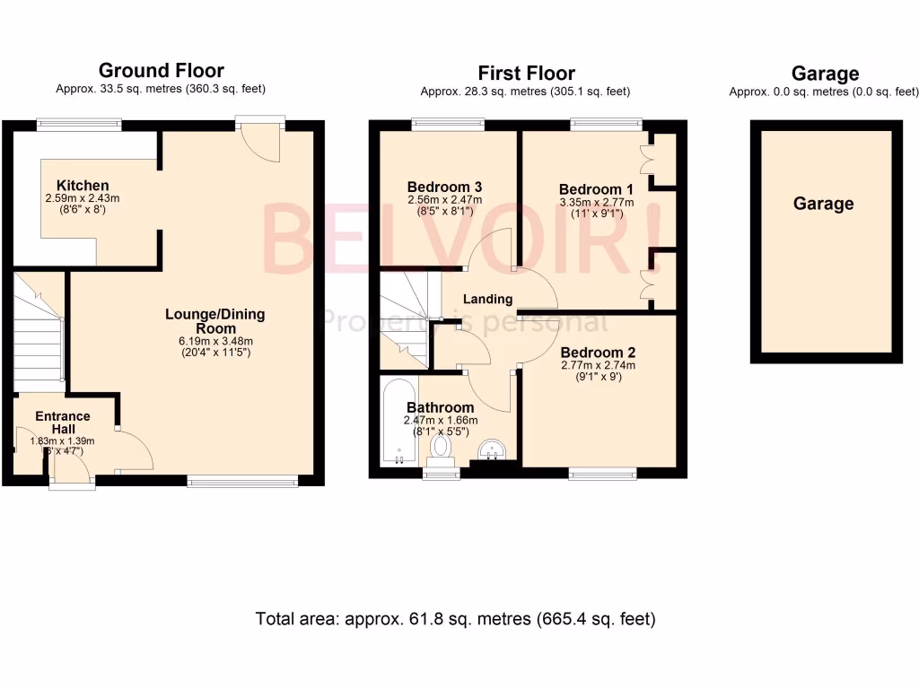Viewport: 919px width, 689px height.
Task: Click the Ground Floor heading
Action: coord(161,70)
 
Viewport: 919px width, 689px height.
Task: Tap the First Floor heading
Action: coord(526,73)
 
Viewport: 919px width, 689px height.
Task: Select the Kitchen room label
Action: coord(82,186)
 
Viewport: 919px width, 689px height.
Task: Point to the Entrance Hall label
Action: coord(63,423)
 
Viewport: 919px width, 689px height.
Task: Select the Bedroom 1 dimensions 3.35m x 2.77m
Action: coord(596,203)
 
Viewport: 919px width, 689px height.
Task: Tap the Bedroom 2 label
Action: coord(597,353)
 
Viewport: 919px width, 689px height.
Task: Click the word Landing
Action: coord(487,299)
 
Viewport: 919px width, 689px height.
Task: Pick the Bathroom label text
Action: coord(439,407)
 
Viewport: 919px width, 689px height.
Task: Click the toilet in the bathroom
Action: coord(441,447)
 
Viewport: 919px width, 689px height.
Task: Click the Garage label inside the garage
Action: coord(823,204)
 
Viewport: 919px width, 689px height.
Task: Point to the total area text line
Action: coord(455,618)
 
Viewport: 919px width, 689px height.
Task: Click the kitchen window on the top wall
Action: coord(79,126)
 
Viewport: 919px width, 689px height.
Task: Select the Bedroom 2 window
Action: coord(602,473)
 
